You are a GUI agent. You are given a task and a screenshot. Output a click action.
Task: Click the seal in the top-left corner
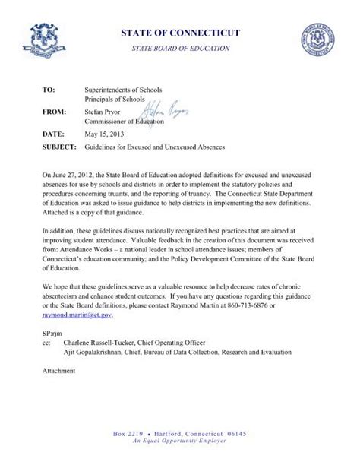48,40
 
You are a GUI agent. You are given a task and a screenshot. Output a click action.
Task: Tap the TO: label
49,90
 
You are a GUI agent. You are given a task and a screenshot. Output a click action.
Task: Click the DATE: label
53,132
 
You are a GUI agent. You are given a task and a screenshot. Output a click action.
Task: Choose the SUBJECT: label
59,145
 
